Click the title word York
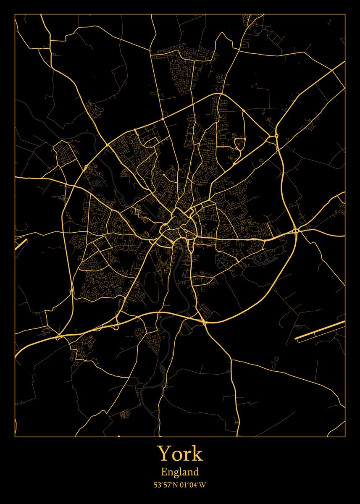coord(180,454)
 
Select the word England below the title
coord(180,472)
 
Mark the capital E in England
coord(164,472)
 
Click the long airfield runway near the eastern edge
coord(319,329)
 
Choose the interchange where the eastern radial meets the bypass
coord(296,231)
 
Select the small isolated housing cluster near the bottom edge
coord(125,415)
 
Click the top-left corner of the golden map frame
coord(15,14)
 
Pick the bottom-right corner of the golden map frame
coord(345,436)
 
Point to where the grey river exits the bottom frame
coord(159,436)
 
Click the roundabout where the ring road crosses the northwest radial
coord(108,144)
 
